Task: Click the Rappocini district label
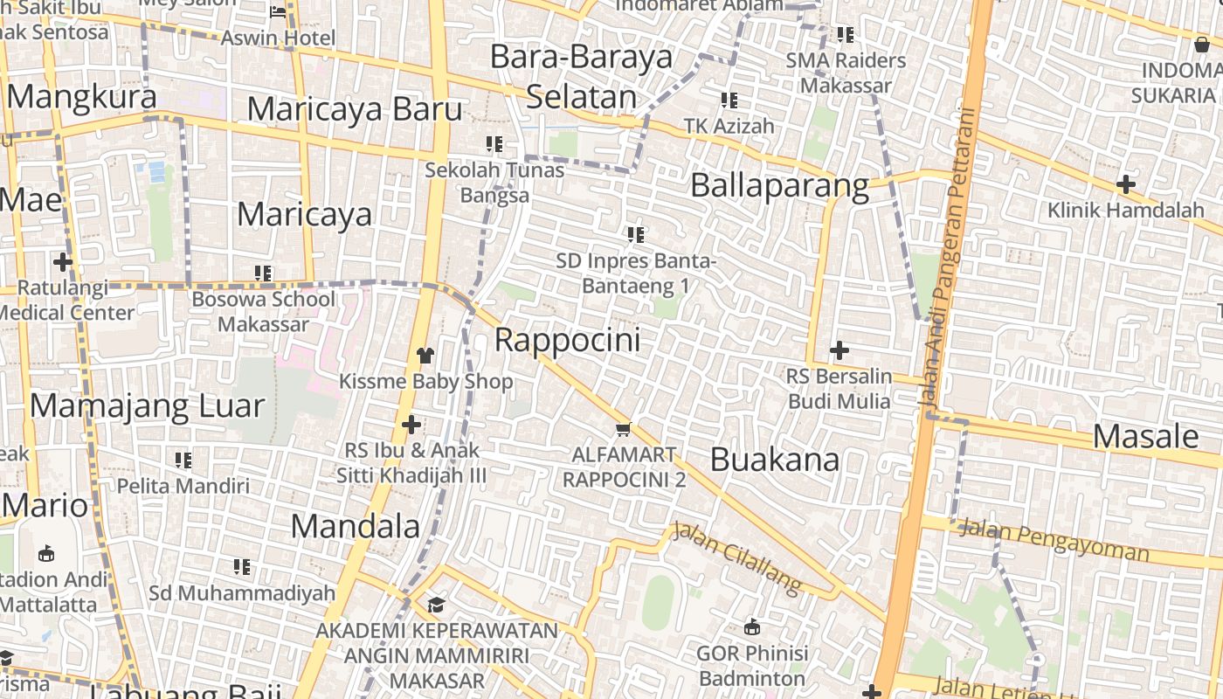coord(567,340)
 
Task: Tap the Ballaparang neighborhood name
coord(779,186)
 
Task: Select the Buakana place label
coord(774,460)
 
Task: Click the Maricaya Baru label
coord(354,110)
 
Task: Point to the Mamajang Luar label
coord(147,406)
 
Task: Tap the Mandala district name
coord(355,526)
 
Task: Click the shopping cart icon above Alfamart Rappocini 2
coord(623,429)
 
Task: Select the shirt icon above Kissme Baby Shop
coord(425,355)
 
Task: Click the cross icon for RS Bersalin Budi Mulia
coord(839,350)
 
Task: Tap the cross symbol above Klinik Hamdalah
coord(1125,184)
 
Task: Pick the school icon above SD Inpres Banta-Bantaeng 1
coord(636,234)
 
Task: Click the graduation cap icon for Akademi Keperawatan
coord(435,605)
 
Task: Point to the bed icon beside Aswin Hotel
coord(278,12)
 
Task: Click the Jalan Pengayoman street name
coord(1054,539)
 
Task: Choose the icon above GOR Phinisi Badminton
coord(751,626)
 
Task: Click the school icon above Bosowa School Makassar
coord(263,273)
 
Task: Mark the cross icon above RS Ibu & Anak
coord(411,425)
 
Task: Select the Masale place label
coord(1145,436)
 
